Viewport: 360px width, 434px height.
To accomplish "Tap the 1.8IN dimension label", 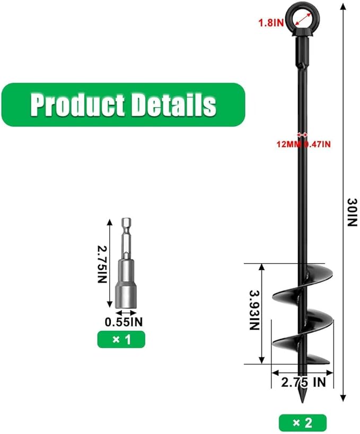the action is tap(271, 23).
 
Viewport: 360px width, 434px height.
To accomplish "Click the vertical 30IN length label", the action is tap(353, 212).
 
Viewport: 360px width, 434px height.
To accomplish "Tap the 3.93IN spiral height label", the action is tap(254, 310).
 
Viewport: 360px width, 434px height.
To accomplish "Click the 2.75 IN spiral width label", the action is tap(304, 382).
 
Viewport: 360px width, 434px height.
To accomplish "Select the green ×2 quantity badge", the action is tap(303, 423).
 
